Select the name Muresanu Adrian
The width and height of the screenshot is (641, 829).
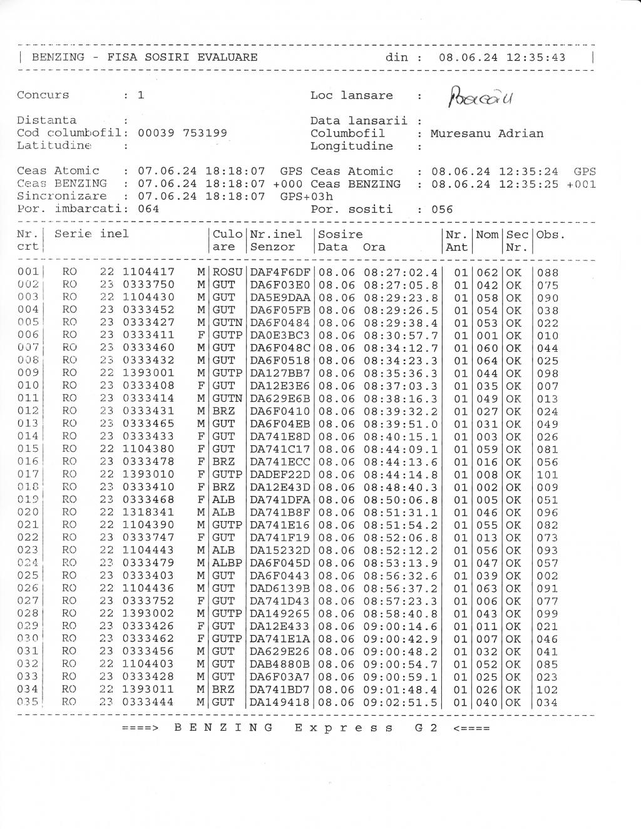(x=486, y=133)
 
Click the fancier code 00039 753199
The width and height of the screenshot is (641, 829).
(x=182, y=133)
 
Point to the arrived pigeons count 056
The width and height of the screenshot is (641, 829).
(x=442, y=209)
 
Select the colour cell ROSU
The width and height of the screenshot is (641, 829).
(x=227, y=272)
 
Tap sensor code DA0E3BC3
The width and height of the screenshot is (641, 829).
(x=280, y=335)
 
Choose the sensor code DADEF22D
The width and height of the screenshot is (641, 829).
(x=280, y=474)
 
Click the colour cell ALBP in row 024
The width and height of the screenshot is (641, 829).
(x=227, y=563)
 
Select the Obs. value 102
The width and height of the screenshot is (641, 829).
(x=547, y=689)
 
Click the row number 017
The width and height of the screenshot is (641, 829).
(x=28, y=474)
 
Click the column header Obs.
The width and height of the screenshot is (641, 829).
(x=551, y=235)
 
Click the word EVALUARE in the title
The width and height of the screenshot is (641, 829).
(x=227, y=58)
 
